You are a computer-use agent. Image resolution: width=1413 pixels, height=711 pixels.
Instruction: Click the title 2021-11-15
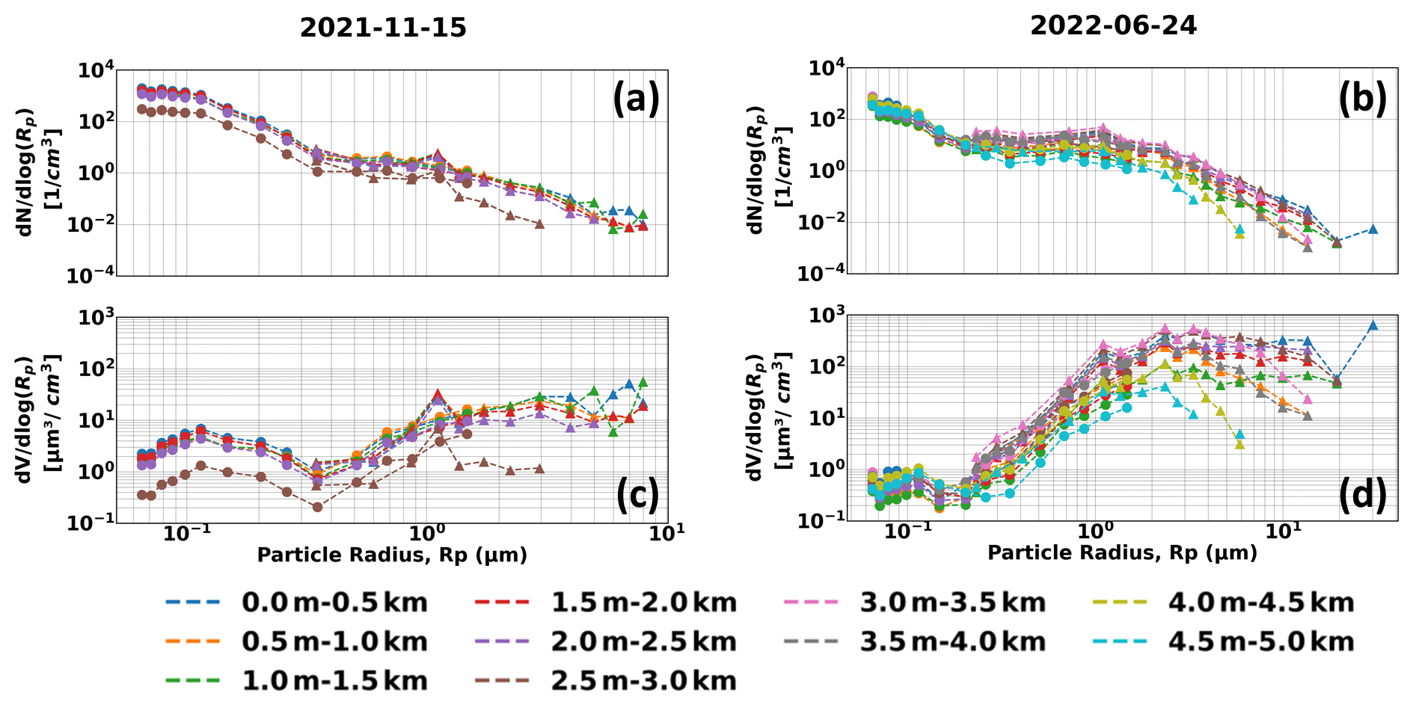[383, 28]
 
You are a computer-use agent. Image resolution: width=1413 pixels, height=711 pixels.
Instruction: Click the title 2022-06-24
[1113, 25]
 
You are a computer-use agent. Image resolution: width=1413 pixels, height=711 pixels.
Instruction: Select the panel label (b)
[1362, 98]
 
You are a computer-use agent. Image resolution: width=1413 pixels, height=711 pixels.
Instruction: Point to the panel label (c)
[637, 494]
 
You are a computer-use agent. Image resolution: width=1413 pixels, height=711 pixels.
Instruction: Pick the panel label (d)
[1362, 494]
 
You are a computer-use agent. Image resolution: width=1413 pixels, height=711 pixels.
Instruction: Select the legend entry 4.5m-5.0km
[1260, 641]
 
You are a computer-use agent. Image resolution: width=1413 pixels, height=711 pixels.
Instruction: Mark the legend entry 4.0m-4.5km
[1260, 602]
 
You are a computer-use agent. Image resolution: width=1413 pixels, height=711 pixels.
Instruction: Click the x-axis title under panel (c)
[392, 555]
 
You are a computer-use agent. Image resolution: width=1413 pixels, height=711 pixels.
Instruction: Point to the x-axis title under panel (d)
[1122, 553]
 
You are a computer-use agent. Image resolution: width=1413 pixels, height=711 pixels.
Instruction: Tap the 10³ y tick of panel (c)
[96, 318]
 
